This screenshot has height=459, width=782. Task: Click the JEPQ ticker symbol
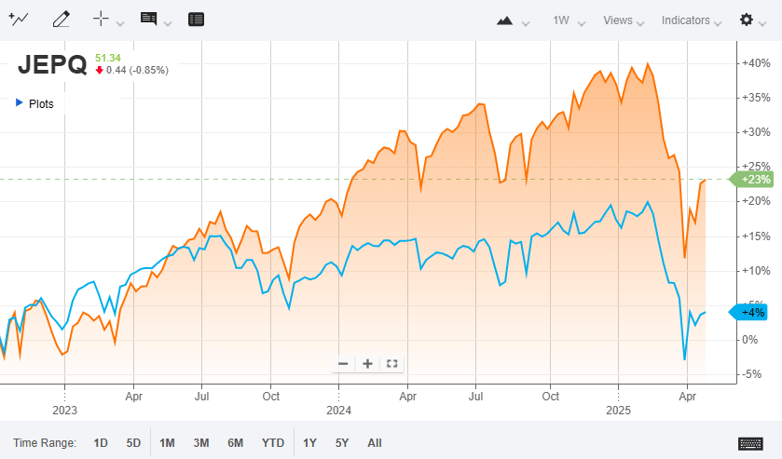click(x=52, y=64)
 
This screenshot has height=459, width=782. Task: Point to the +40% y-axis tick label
click(x=755, y=63)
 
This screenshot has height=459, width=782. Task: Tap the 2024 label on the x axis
click(x=338, y=410)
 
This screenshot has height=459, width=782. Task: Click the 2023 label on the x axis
click(x=64, y=410)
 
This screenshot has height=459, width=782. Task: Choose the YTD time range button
click(x=273, y=443)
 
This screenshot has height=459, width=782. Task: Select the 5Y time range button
click(x=342, y=443)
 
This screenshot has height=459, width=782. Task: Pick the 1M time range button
click(x=167, y=443)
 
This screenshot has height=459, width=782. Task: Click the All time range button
click(x=375, y=443)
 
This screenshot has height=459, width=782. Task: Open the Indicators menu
click(x=685, y=20)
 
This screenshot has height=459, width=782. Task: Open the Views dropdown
click(x=617, y=20)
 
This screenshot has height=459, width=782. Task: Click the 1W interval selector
click(x=561, y=20)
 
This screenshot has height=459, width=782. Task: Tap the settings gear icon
click(x=747, y=20)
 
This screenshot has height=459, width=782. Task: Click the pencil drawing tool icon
click(x=62, y=20)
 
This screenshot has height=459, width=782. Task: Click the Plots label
click(x=41, y=104)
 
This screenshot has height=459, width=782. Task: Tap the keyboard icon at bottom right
click(x=751, y=443)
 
